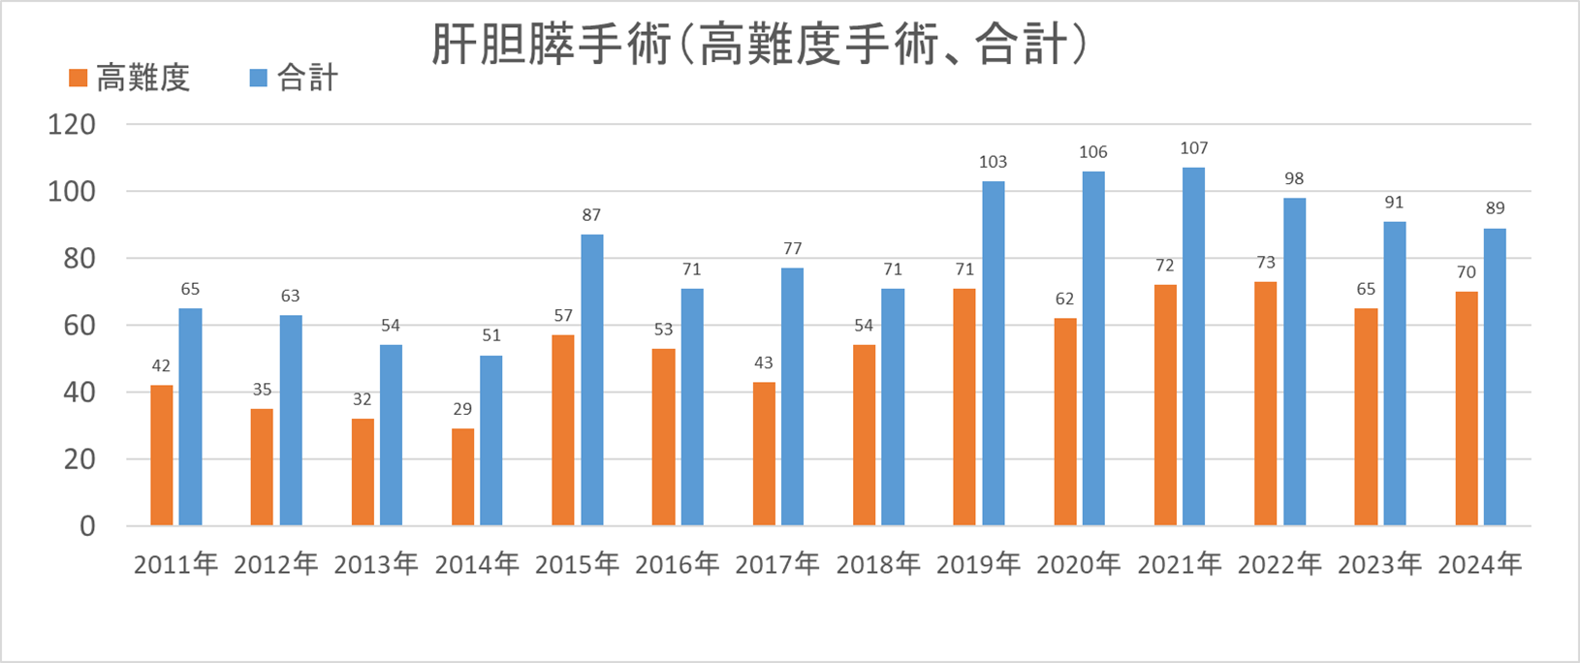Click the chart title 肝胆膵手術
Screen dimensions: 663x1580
click(x=758, y=45)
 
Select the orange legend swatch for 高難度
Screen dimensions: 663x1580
click(x=79, y=78)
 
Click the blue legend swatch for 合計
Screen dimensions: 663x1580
click(x=258, y=78)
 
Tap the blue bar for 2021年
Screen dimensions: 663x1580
click(x=1193, y=346)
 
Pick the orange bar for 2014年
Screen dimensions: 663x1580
click(x=463, y=477)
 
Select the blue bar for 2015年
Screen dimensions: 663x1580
click(x=591, y=380)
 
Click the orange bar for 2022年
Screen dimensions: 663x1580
click(x=1265, y=403)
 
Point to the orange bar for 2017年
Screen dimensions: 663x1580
click(x=764, y=454)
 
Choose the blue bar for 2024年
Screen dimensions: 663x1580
click(x=1495, y=377)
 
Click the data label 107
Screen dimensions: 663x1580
click(x=1194, y=148)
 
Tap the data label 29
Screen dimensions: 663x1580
click(x=462, y=410)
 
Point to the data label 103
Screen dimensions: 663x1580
click(x=993, y=162)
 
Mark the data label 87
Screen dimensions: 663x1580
click(x=591, y=215)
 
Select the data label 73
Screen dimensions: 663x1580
click(x=1265, y=263)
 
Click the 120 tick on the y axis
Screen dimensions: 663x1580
click(x=72, y=125)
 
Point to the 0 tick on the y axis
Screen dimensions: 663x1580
click(x=87, y=526)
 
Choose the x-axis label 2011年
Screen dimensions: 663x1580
click(x=175, y=564)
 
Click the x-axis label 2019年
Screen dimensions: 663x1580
click(x=978, y=564)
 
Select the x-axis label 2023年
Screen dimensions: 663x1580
click(x=1379, y=564)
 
